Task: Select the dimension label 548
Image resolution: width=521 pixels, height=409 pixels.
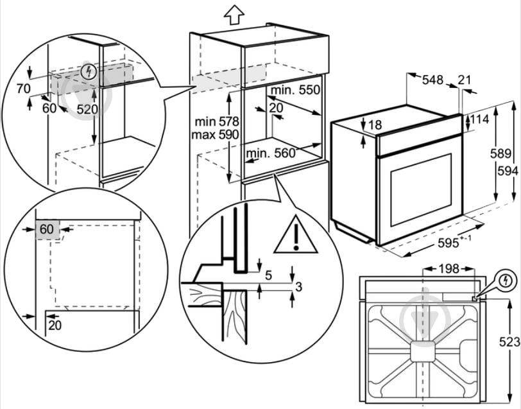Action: (433, 80)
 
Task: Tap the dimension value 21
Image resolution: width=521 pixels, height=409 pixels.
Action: (465, 80)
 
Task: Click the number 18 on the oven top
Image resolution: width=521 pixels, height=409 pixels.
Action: (375, 125)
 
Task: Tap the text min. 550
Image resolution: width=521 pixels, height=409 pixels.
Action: (295, 90)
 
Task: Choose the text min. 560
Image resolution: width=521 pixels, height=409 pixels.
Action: (270, 153)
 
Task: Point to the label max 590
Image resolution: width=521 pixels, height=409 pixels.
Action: (215, 135)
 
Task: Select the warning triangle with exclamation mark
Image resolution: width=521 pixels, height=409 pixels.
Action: (296, 235)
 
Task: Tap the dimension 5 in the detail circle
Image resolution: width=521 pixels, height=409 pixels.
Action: (269, 275)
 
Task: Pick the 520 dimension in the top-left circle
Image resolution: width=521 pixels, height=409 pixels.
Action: (87, 109)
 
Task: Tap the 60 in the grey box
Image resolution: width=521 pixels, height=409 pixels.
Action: (47, 229)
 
